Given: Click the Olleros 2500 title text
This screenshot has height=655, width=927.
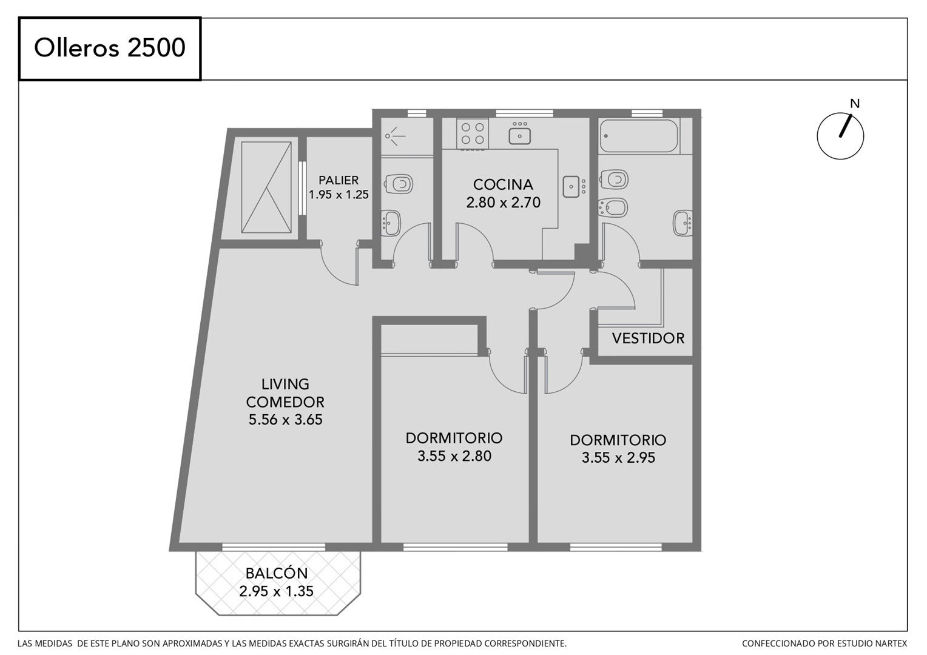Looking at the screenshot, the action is click(110, 48).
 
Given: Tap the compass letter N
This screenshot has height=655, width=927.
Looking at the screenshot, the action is click(855, 104).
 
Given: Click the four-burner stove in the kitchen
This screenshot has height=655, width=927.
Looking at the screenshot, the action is click(473, 133).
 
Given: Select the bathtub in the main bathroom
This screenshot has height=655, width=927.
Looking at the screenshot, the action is click(639, 136).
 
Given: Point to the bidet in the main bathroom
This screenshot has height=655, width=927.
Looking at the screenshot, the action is click(613, 207).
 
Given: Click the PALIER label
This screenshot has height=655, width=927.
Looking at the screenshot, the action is click(339, 180).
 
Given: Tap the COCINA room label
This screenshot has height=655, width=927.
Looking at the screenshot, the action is click(503, 184).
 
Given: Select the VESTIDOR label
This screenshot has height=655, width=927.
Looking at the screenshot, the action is click(648, 338).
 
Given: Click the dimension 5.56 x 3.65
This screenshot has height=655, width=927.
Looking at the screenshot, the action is click(285, 420).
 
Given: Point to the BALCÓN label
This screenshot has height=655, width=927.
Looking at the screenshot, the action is click(277, 573).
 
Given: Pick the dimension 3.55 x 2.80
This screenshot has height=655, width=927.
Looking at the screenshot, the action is click(454, 456).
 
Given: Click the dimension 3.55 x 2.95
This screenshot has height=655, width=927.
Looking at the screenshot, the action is click(618, 458).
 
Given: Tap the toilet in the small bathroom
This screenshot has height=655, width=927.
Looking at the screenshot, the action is click(399, 183).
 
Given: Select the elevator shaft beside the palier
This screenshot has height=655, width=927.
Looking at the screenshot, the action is click(266, 187).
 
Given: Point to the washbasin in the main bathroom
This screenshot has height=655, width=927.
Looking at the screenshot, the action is click(683, 223).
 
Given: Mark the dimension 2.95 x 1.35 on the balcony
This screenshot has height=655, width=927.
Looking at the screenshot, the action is click(277, 591).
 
